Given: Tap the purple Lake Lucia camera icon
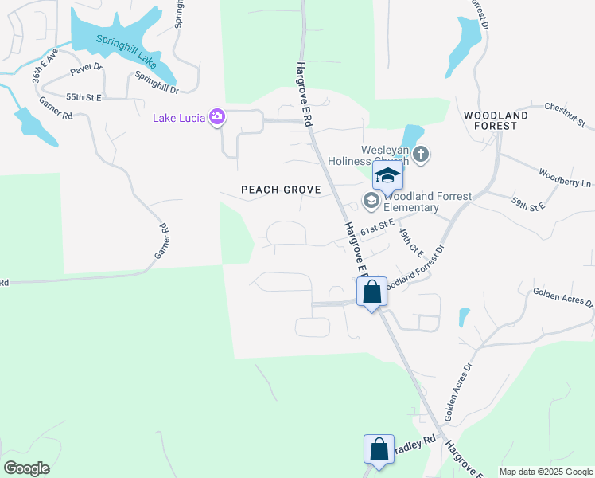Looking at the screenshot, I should (x=217, y=118).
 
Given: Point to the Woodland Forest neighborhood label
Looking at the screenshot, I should (x=496, y=120).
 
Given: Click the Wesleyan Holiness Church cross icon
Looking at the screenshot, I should (x=421, y=153).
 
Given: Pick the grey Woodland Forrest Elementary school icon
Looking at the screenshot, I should (x=371, y=200).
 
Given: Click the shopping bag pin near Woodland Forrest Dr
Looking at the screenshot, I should (x=371, y=292).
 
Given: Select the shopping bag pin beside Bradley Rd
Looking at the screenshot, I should (x=379, y=449).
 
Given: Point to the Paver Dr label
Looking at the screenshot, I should (x=87, y=69).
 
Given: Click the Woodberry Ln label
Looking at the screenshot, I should (x=565, y=177).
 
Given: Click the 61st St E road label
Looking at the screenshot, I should (x=377, y=229).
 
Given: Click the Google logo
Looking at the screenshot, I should (x=26, y=468).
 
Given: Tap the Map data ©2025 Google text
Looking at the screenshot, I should (x=546, y=472).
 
